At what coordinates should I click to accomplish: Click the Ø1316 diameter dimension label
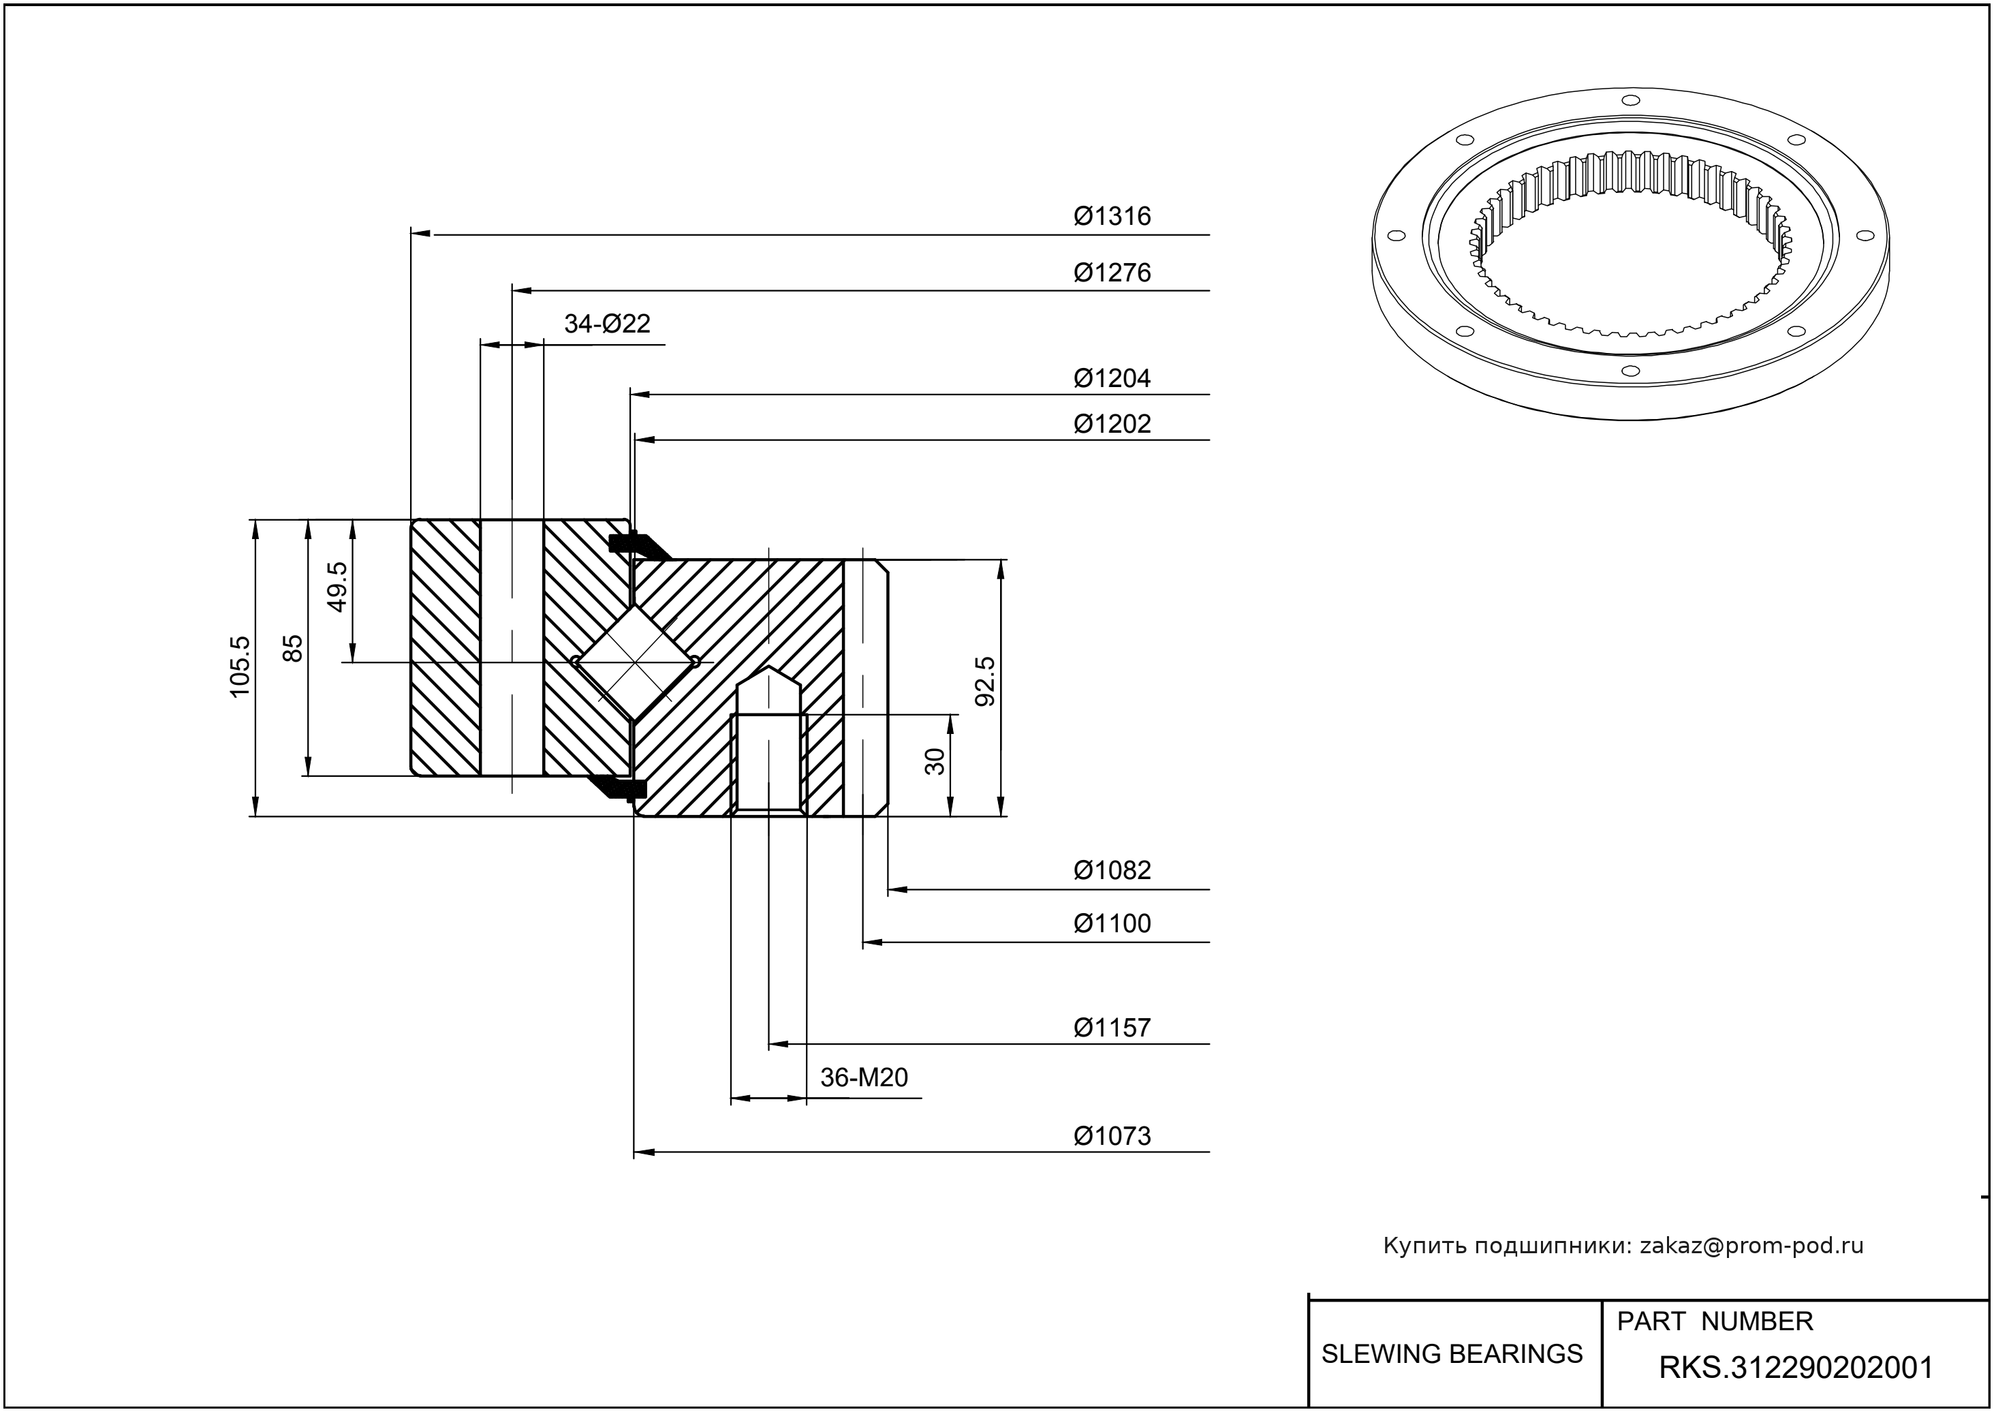click(1112, 215)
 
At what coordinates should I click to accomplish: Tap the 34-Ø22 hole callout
click(607, 324)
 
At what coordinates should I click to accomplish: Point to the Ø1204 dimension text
click(1112, 378)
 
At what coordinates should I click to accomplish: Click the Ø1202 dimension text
click(1112, 423)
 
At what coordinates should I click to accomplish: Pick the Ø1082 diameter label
click(1112, 870)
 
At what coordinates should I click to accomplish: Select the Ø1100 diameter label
click(1112, 923)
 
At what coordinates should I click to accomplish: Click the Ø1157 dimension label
click(1112, 1028)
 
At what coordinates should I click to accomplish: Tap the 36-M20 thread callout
click(864, 1078)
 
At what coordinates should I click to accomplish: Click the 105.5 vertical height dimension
click(240, 666)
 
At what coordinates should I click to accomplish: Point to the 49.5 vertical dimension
click(337, 586)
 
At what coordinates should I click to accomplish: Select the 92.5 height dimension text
click(985, 681)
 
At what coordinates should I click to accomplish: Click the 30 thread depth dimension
click(935, 762)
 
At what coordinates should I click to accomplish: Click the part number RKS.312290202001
click(1796, 1368)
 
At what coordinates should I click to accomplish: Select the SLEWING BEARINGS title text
click(1452, 1354)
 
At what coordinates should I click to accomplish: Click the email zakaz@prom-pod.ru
click(1751, 1246)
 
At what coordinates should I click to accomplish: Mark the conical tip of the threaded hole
click(769, 678)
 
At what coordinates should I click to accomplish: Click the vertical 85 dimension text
click(294, 648)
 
